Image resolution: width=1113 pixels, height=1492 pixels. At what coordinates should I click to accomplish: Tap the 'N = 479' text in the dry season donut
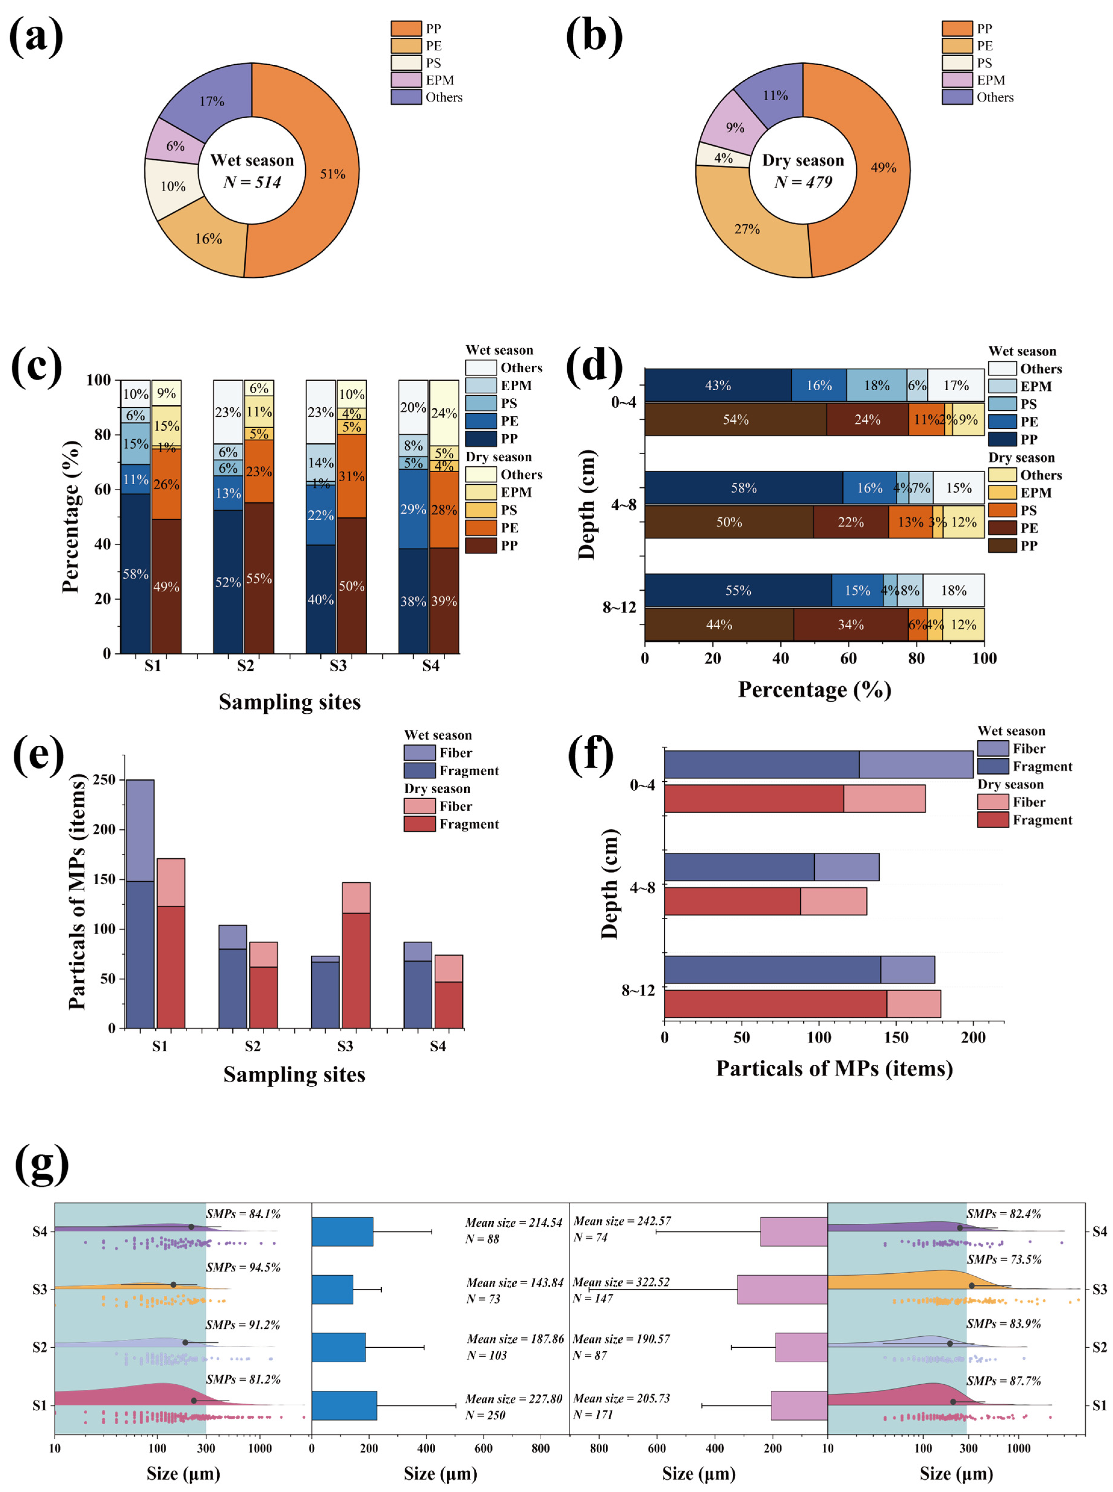(803, 182)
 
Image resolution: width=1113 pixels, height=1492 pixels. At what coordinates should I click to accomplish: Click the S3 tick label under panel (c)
(337, 666)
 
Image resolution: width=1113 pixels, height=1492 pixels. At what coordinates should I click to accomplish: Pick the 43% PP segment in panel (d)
(718, 385)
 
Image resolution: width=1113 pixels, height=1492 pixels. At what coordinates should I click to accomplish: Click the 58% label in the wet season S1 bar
(135, 574)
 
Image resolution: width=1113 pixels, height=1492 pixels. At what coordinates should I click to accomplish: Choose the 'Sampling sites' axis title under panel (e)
(294, 1074)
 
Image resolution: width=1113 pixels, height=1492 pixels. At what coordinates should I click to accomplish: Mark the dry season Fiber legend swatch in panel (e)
(419, 806)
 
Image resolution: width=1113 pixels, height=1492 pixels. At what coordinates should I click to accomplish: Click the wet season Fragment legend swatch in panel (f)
(992, 766)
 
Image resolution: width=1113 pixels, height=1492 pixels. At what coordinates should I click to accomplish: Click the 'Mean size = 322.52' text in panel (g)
(621, 1282)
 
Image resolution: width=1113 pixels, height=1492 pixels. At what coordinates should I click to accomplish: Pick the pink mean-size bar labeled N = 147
(782, 1289)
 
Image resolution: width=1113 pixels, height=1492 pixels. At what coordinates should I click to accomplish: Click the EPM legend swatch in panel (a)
(406, 80)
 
